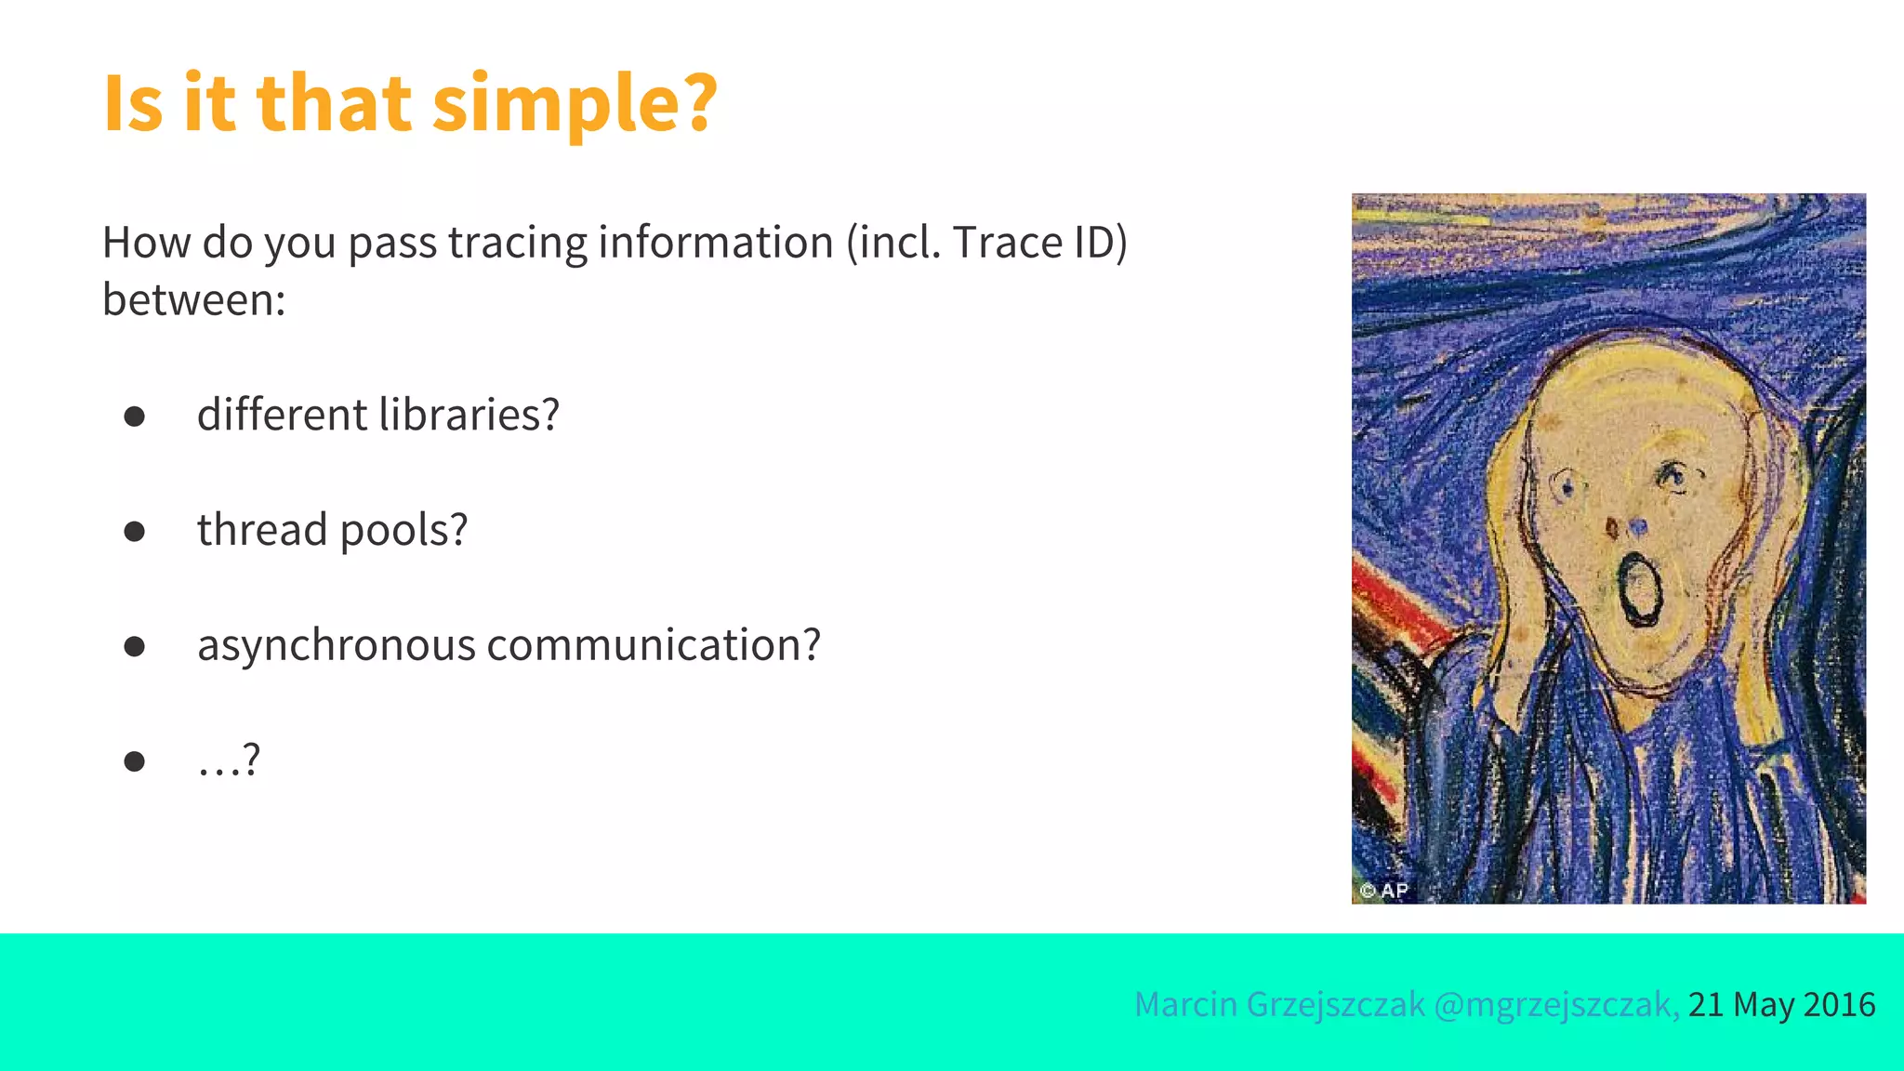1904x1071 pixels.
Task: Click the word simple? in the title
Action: pos(575,104)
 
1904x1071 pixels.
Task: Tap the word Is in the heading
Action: pos(133,104)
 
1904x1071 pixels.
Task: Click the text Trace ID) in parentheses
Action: pos(1039,243)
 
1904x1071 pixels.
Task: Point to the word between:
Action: pos(193,300)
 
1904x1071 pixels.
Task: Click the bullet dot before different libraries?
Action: pos(135,416)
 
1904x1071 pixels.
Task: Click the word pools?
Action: pos(403,532)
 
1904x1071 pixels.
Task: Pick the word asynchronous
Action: pos(337,646)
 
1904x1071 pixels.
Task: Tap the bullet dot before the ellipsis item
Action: pos(135,762)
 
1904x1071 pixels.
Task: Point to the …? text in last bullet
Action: pos(229,761)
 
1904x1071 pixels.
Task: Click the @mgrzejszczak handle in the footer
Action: pos(1555,1005)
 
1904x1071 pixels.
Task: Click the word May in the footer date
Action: pos(1764,1005)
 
